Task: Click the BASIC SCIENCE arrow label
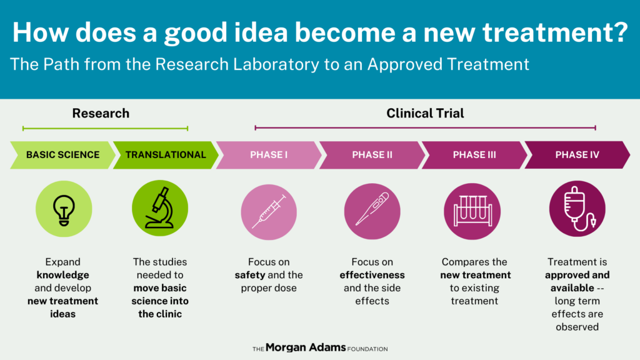[x=63, y=155]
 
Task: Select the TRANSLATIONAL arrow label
[x=166, y=155]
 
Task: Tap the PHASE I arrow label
[x=269, y=155]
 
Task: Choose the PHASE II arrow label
[x=372, y=155]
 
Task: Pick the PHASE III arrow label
[x=474, y=155]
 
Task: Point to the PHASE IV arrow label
[x=577, y=155]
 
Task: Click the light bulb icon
[x=64, y=209]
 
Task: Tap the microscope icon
[x=160, y=208]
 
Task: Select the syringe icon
[x=269, y=212]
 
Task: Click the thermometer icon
[x=372, y=211]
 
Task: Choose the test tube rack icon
[x=472, y=211]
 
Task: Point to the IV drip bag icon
[x=577, y=209]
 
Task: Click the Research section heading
[x=101, y=113]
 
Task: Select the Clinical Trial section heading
[x=425, y=113]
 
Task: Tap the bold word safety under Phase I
[x=249, y=275]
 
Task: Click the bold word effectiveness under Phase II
[x=372, y=275]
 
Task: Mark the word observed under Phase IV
[x=577, y=327]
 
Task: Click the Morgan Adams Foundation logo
[x=320, y=347]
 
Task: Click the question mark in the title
[x=620, y=32]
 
